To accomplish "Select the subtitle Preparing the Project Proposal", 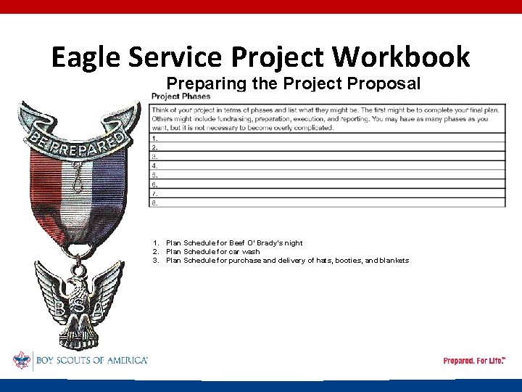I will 293,83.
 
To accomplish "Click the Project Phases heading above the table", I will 181,97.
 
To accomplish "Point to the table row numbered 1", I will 327,137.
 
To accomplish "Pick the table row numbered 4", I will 327,166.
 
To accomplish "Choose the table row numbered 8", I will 327,203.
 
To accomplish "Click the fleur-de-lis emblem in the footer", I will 21,360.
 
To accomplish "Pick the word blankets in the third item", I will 392,261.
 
